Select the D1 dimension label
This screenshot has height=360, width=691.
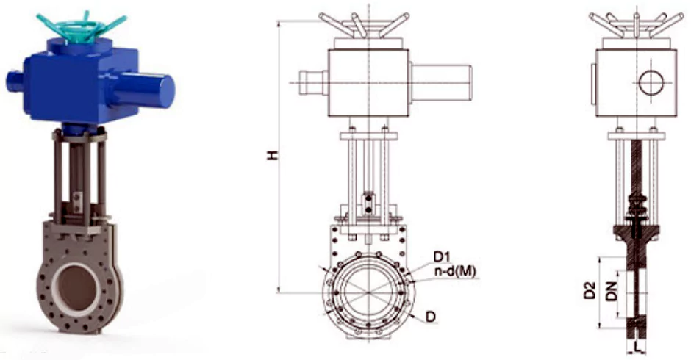[x=441, y=256]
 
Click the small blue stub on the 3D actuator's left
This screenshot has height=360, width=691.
[x=16, y=77]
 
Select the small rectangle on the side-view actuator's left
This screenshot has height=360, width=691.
[x=592, y=83]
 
